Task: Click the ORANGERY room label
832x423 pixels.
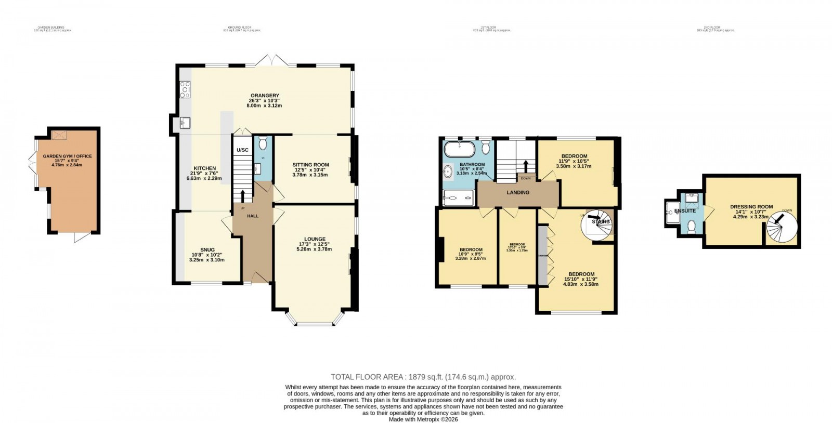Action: point(265,95)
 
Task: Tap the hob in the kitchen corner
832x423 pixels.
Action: point(185,89)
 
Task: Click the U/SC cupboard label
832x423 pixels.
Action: point(243,150)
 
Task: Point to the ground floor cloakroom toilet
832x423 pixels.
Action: point(263,142)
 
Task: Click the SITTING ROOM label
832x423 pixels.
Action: point(310,165)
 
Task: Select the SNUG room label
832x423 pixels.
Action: point(207,249)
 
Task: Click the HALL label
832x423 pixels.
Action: point(253,216)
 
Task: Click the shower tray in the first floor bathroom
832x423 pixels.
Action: point(458,197)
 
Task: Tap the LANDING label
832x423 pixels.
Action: point(518,192)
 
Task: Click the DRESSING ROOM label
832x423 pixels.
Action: point(751,207)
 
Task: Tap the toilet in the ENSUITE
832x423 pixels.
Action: point(692,227)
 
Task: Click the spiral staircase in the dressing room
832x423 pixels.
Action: point(782,227)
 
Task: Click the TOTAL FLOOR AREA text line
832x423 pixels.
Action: point(423,377)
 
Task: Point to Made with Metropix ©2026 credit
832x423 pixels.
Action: point(423,419)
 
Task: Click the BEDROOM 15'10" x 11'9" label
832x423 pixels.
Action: point(581,274)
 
